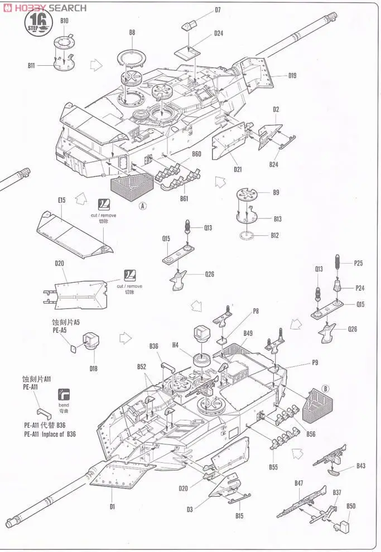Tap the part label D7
[218, 10]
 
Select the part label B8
[132, 33]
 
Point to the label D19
[292, 76]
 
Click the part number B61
[184, 198]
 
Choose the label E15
[61, 200]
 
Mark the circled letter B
[326, 389]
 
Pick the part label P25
[359, 262]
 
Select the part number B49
[248, 333]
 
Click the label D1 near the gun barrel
[112, 506]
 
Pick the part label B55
[273, 466]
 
